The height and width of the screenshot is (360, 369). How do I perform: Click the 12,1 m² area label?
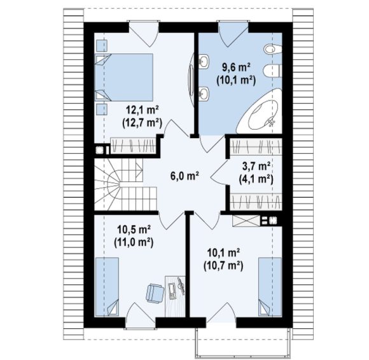[143, 109]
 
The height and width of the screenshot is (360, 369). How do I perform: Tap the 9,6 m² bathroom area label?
[236, 68]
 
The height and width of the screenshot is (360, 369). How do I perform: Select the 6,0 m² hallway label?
[185, 176]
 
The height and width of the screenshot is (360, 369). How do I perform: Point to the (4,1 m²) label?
[256, 180]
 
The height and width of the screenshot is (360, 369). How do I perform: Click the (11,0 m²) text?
[134, 242]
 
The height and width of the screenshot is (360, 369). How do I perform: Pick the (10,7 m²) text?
[223, 266]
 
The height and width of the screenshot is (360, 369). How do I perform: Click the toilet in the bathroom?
[272, 71]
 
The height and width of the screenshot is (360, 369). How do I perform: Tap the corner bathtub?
[260, 111]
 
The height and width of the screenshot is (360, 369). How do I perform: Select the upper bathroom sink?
[204, 62]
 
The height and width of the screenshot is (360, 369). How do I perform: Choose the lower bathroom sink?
[204, 93]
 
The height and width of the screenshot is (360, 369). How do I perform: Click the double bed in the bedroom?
[124, 78]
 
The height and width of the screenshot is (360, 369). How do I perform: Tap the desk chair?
[155, 293]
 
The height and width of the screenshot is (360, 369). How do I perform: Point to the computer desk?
[175, 296]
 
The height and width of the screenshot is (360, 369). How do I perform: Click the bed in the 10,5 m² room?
[107, 287]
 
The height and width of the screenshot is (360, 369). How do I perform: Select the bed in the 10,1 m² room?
[270, 287]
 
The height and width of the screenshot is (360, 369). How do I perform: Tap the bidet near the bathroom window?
[272, 49]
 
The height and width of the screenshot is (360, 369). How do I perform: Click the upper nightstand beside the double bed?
[102, 45]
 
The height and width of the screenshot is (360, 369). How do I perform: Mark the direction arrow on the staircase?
[139, 170]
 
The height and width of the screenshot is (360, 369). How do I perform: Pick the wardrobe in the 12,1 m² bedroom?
[134, 146]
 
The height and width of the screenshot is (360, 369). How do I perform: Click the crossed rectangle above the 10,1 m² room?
[246, 221]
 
